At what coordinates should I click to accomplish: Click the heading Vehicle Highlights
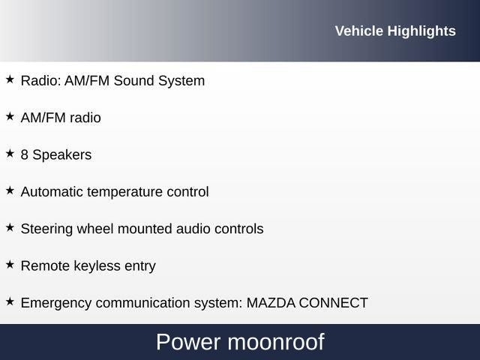coord(394,31)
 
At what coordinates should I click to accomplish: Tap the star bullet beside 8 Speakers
coord(10,153)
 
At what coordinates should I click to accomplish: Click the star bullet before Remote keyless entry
coord(10,264)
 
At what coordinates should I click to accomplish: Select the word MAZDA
coord(271,303)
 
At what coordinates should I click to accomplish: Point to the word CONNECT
coord(334,303)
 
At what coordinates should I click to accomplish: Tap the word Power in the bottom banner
coord(187,342)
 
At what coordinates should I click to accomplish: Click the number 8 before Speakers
coord(25,154)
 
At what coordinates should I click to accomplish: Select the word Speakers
coord(62,155)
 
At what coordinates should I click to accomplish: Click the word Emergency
coord(53,304)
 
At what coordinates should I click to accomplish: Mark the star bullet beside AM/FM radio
coord(10,116)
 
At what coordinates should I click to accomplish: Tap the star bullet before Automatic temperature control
coord(10,190)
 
